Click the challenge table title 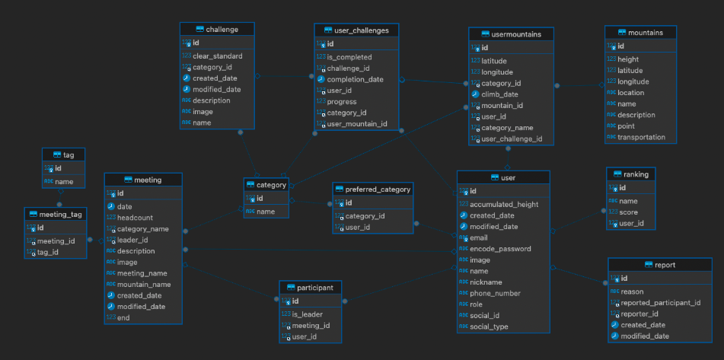coord(222,30)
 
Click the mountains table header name coord(645,33)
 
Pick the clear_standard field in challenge coord(218,56)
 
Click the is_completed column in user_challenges coord(349,57)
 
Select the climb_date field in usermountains coord(499,94)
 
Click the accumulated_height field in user coord(504,204)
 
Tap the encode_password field coord(500,249)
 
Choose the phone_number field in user coord(495,293)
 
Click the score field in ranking coord(627,212)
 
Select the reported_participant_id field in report coord(660,302)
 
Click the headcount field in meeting coord(136,218)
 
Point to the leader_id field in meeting coord(132,240)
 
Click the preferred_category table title coord(378,189)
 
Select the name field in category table coord(266,212)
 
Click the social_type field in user coord(490,327)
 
